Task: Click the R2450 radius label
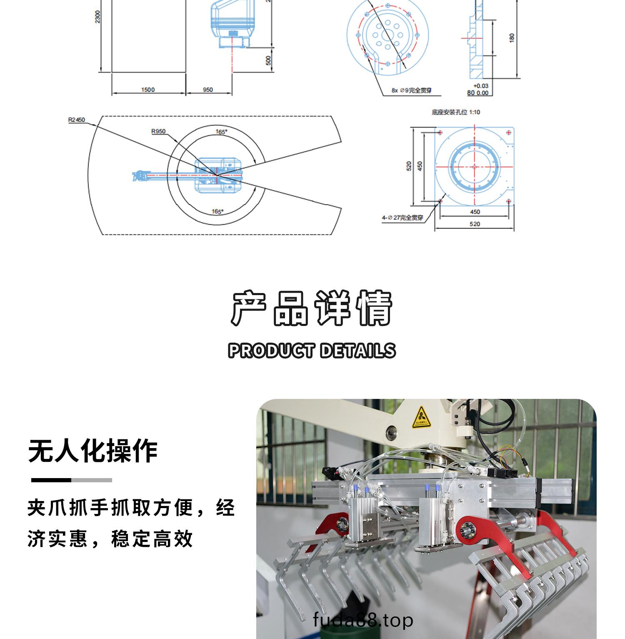pos(76,120)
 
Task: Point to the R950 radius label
pos(158,132)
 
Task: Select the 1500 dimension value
pos(148,90)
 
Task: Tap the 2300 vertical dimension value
pos(97,17)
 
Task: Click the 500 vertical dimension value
pos(269,60)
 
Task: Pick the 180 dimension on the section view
pos(512,38)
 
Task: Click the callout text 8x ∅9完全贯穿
pos(411,90)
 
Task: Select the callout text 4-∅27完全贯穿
pos(402,218)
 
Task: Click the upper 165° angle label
pos(221,132)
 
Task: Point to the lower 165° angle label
pos(217,211)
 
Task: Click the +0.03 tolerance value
pos(480,86)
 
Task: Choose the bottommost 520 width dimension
pos(475,224)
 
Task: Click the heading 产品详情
pos(312,308)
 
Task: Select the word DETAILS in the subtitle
pos(357,351)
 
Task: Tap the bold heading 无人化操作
pos(92,451)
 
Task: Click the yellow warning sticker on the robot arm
pos(422,417)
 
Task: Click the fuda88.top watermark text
pos(363,621)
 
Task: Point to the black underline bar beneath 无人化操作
pos(51,480)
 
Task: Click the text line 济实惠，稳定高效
pos(110,539)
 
